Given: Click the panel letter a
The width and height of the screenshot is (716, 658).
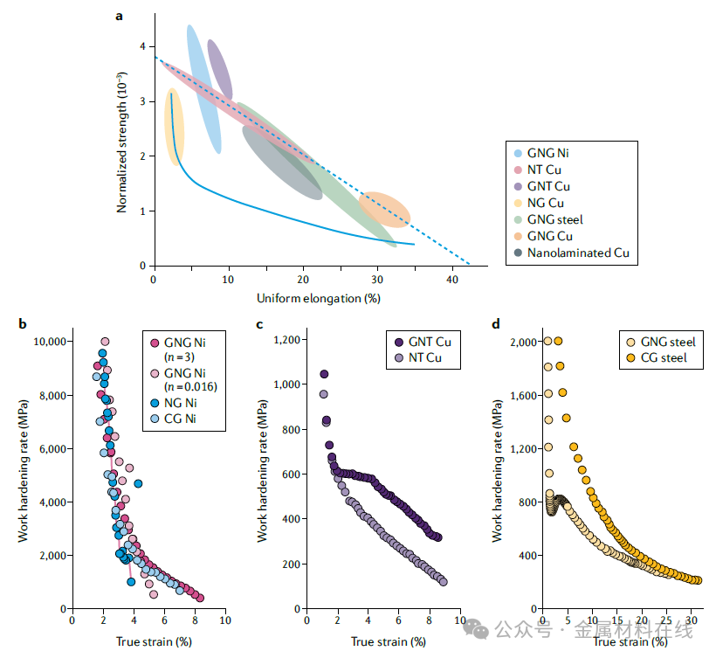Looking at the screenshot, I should (120, 15).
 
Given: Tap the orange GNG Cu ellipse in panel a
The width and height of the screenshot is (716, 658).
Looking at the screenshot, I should (384, 211).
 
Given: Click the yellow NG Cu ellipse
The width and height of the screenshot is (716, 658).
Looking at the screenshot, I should (174, 128).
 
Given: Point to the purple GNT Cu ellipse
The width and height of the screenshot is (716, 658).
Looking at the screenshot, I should (220, 70).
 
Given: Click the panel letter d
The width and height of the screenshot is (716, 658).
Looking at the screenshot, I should (496, 325).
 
